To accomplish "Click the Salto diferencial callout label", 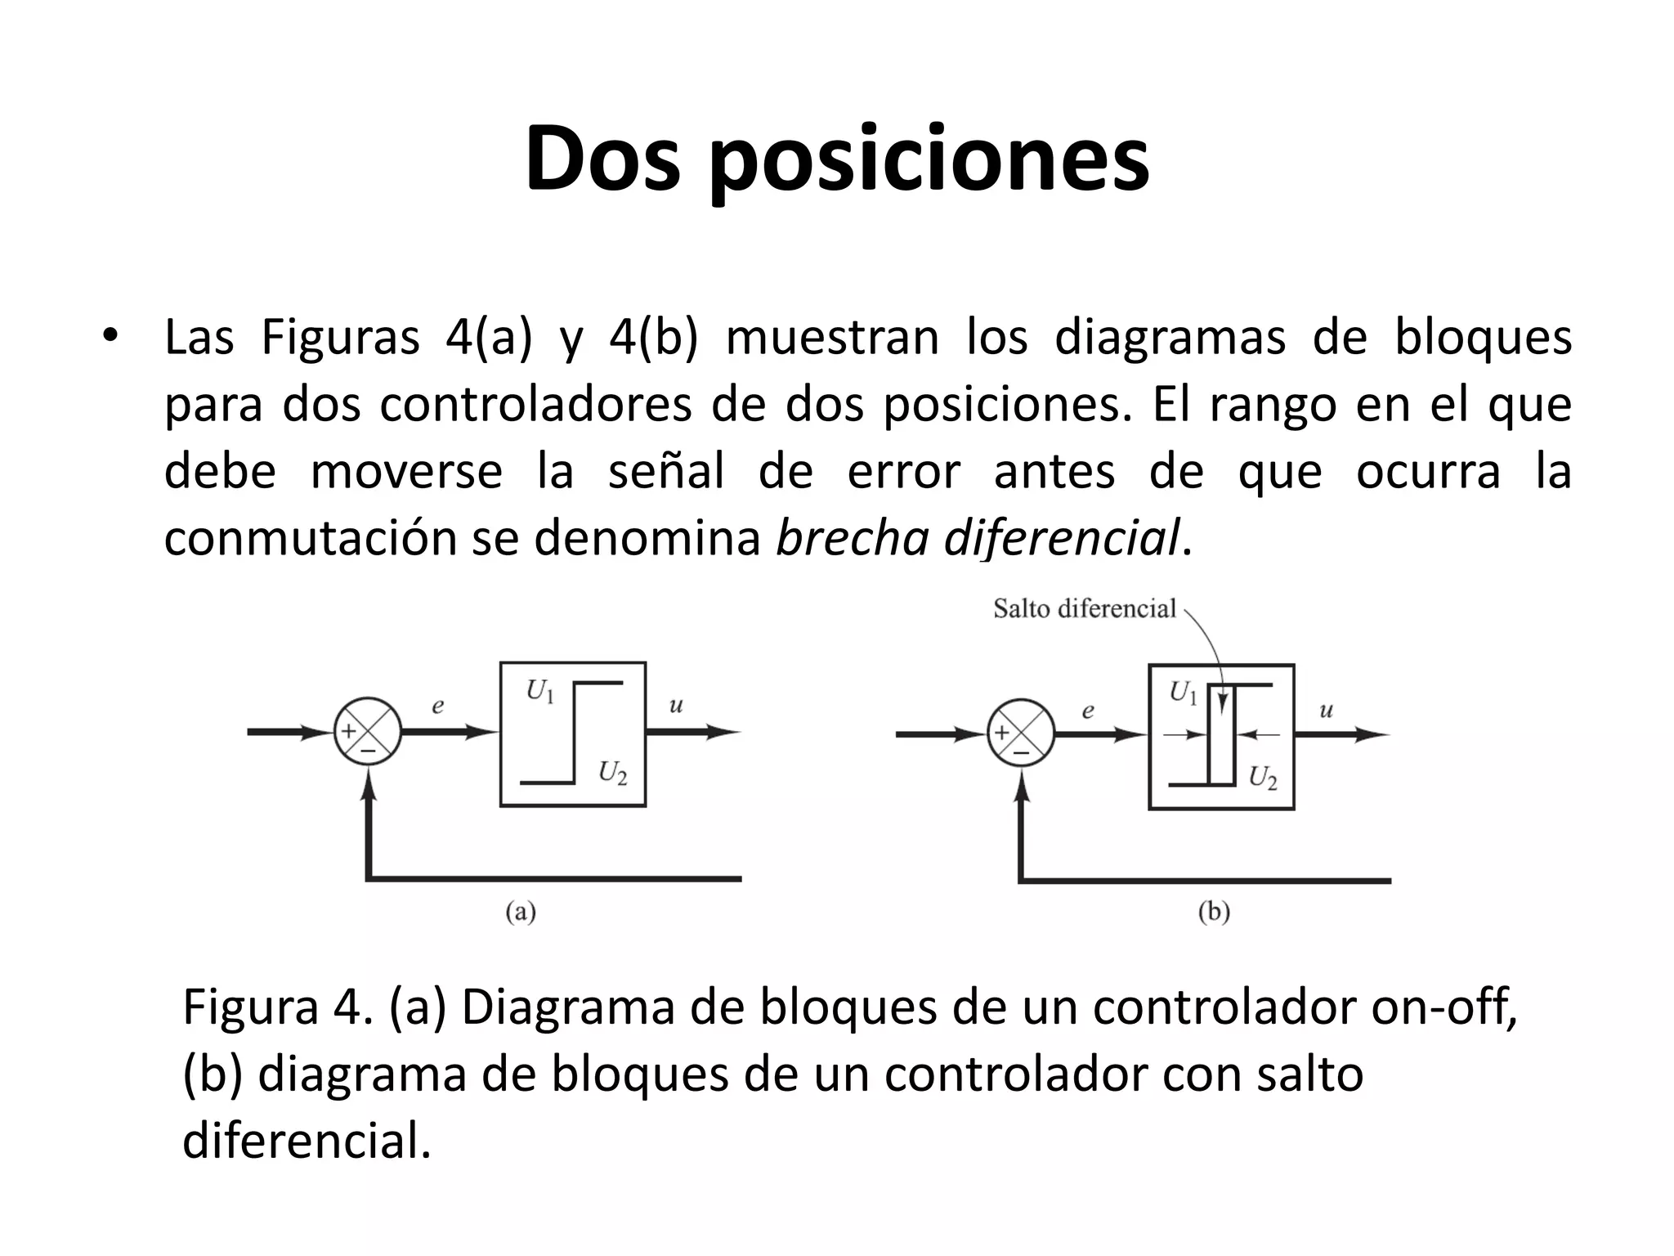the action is pyautogui.click(x=1084, y=608).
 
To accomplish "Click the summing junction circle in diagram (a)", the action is pyautogui.click(x=367, y=732).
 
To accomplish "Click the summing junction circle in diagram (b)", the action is pyautogui.click(x=1020, y=733).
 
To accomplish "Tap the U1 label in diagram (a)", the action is pyautogui.click(x=539, y=692).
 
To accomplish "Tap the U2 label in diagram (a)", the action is pyautogui.click(x=612, y=772).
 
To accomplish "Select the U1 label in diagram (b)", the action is pyautogui.click(x=1183, y=693).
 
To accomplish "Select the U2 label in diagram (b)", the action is pyautogui.click(x=1263, y=777).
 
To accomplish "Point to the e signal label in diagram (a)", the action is pyautogui.click(x=438, y=706).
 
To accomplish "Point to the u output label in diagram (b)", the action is pyautogui.click(x=1326, y=710).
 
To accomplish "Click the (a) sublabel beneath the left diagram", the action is pyautogui.click(x=521, y=911).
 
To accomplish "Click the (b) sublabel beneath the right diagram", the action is pyautogui.click(x=1214, y=911).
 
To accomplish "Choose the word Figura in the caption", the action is pyautogui.click(x=250, y=1007).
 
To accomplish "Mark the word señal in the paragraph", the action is pyautogui.click(x=665, y=472).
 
